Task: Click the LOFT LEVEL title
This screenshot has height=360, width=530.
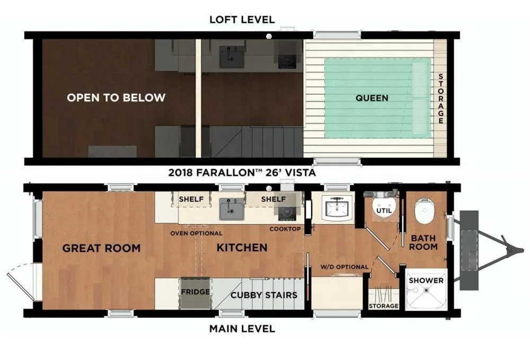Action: [242, 20]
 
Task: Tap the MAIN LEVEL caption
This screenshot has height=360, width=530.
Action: [242, 329]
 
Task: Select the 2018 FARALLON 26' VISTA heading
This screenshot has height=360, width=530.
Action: [242, 172]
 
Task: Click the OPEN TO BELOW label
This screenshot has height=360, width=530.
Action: [116, 98]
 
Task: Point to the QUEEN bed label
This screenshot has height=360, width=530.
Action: [372, 98]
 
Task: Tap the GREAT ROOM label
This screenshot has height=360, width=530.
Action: [101, 248]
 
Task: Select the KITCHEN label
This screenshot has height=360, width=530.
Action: [242, 248]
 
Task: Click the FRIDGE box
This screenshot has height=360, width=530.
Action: [195, 292]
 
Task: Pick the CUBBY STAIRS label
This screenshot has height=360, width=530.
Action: [263, 295]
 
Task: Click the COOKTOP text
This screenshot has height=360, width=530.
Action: [285, 229]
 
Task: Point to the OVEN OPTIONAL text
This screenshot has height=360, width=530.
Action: [196, 233]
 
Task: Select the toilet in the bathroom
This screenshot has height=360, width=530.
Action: [425, 210]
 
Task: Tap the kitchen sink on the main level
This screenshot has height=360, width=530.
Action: [232, 209]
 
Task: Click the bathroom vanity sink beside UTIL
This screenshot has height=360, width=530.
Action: [335, 209]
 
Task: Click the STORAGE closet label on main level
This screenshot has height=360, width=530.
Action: [383, 306]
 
